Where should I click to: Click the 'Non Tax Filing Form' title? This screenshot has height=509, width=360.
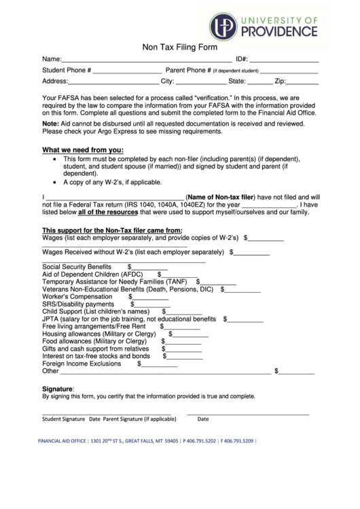(179, 48)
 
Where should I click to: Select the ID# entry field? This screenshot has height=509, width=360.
(285, 60)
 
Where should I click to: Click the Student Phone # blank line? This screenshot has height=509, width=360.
(128, 71)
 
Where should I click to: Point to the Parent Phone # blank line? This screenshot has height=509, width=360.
(289, 71)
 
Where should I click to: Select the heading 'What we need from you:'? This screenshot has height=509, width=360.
(83, 150)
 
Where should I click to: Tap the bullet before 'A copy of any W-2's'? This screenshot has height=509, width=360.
(54, 183)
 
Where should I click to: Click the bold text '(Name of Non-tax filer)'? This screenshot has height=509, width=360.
(223, 196)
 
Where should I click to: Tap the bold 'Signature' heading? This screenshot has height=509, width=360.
(58, 389)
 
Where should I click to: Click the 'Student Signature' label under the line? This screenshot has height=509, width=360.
(64, 419)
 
